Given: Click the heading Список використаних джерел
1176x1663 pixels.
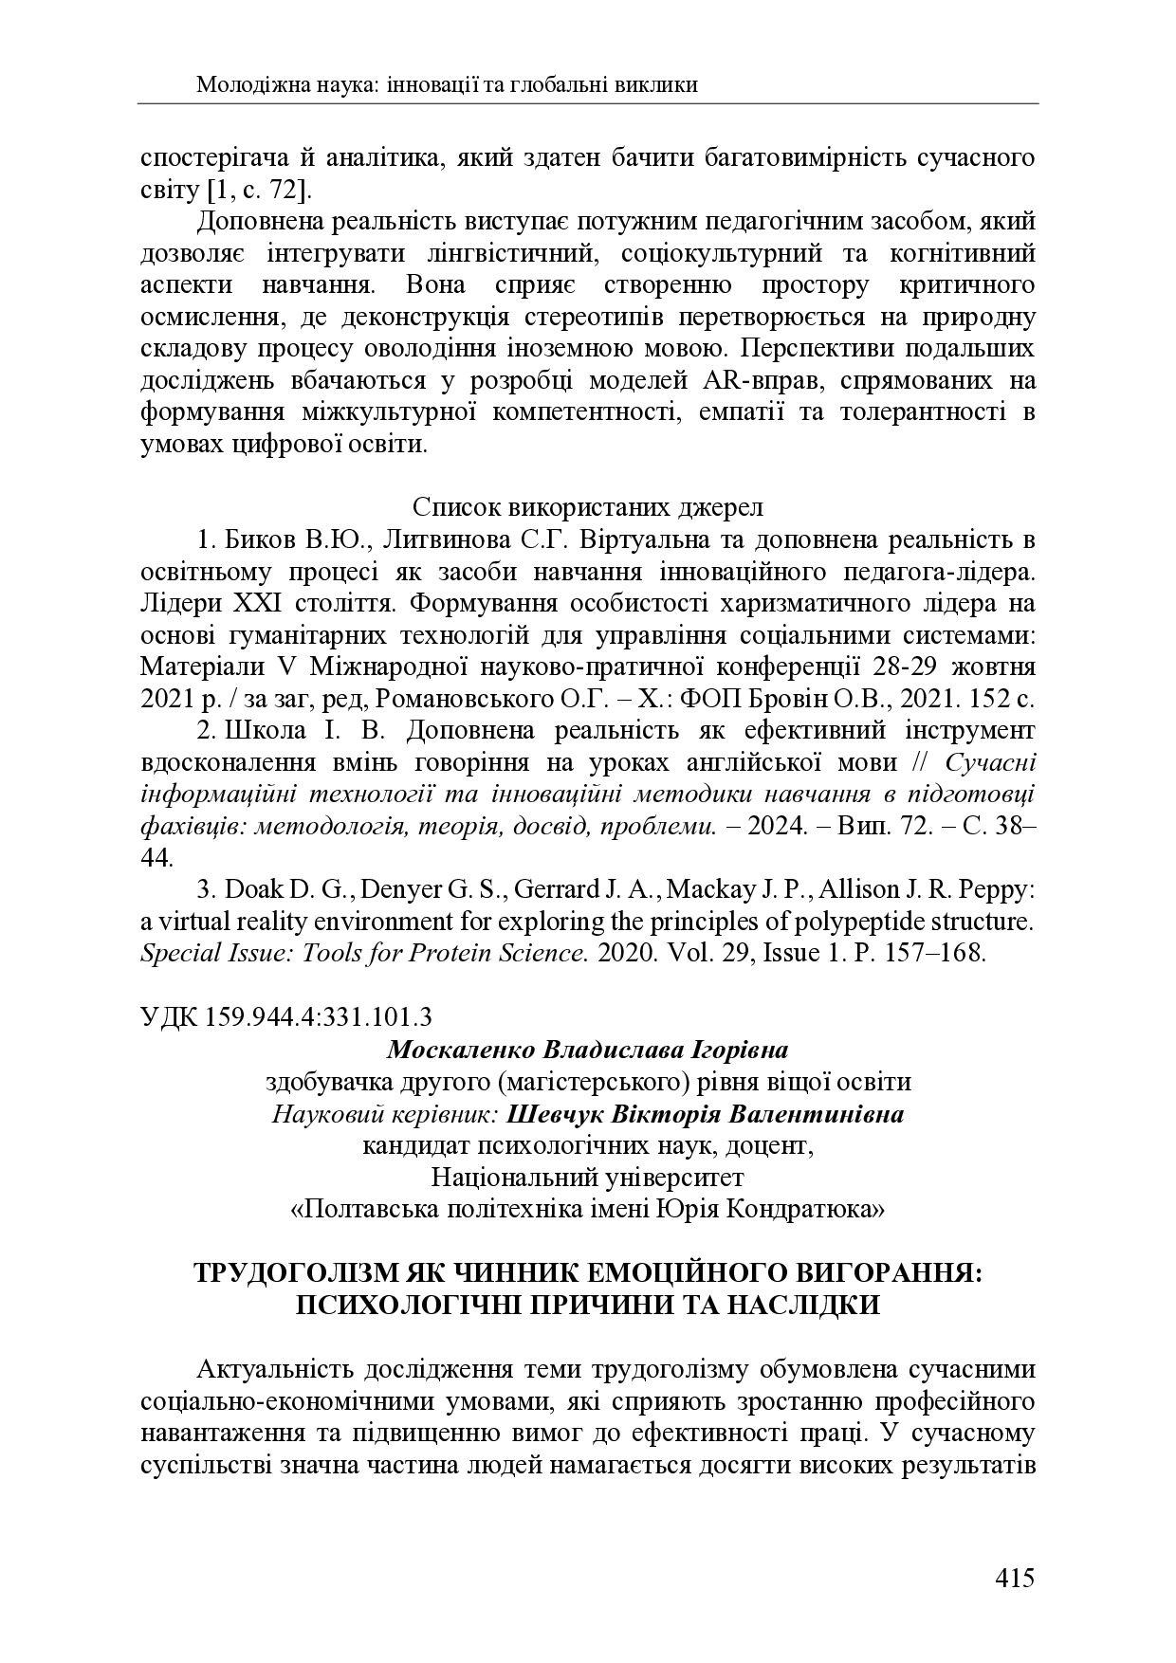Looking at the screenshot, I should pyautogui.click(x=588, y=507).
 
